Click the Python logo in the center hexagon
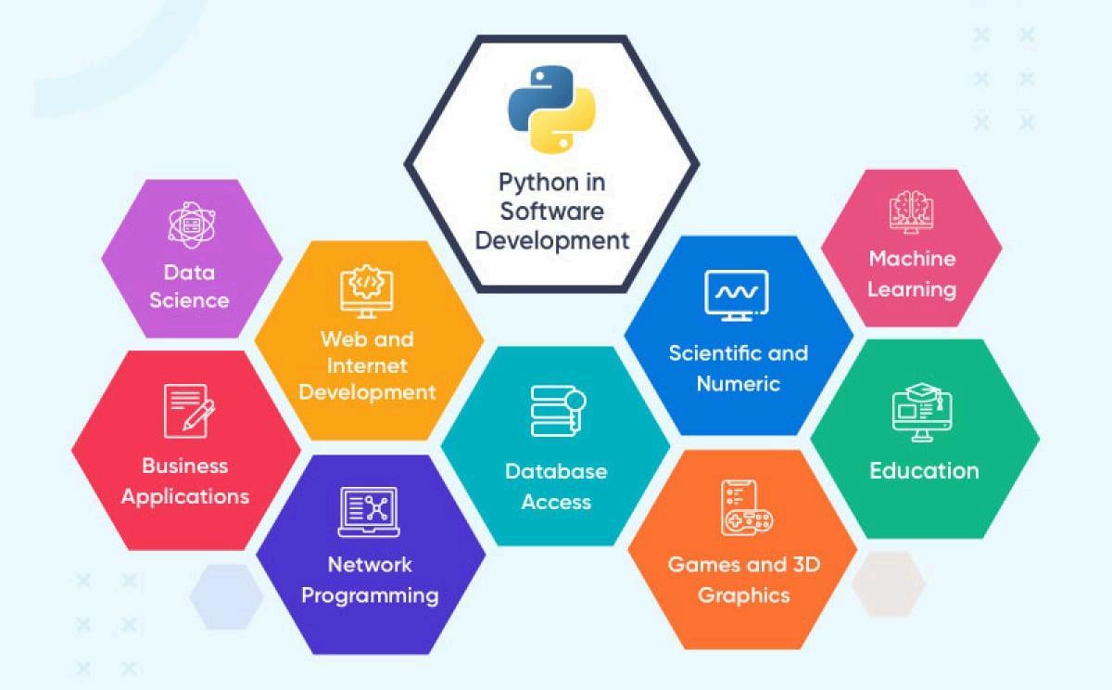coord(551,108)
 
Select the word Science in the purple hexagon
coord(189,300)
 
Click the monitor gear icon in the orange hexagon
coord(366,290)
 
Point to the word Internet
coord(367,364)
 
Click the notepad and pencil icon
coord(188,411)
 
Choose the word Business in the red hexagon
coord(185,466)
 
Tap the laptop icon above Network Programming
coord(368,512)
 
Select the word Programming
coord(370,594)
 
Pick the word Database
coord(556,471)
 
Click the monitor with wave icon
coord(737,295)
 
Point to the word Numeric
coord(739,383)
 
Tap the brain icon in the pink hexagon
coord(910,211)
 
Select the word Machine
coord(911,258)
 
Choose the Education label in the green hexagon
coord(924,470)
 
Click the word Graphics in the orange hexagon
coord(743,594)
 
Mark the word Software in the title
coord(551,211)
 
